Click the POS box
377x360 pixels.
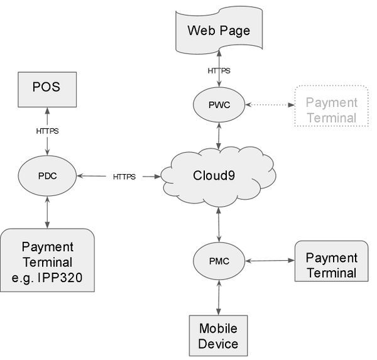(46, 87)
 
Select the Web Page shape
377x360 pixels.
(219, 30)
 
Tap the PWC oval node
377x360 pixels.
(219, 104)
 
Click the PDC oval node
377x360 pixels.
(47, 176)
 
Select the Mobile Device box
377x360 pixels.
(218, 335)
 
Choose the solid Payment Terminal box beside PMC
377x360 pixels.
(331, 265)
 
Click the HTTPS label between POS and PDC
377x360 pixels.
(47, 131)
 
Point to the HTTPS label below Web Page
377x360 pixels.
(219, 70)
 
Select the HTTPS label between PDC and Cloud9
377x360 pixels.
(124, 177)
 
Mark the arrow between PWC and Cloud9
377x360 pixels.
(219, 135)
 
